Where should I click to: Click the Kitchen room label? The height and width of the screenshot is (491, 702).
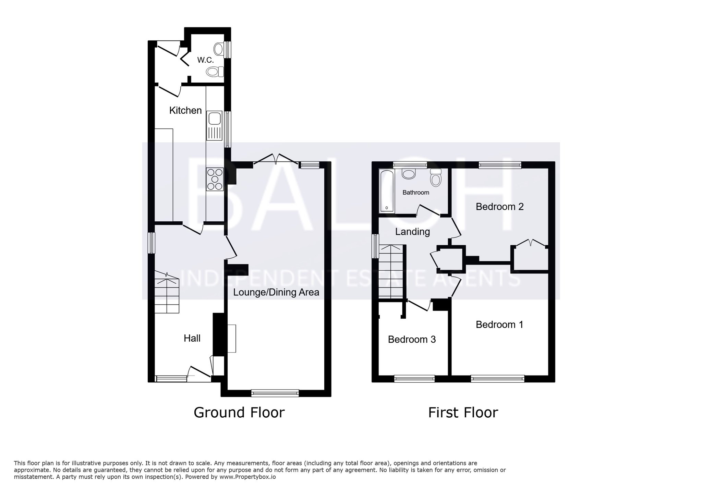185,110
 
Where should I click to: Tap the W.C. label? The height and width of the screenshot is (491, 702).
205,60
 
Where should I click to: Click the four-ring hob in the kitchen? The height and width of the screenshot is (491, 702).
215,179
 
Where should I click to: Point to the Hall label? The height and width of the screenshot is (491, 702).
192,338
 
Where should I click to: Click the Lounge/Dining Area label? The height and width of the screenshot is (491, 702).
276,292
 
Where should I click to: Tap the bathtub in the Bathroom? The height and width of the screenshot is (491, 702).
387,191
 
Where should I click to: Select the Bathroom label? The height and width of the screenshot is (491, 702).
416,193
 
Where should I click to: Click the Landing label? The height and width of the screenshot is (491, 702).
412,232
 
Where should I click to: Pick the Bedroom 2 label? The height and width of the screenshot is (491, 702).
500,207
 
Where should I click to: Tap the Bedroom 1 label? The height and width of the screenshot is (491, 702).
499,324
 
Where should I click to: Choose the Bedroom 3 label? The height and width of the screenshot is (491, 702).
412,339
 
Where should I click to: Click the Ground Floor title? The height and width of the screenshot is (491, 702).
239,413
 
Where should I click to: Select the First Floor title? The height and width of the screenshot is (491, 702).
463,413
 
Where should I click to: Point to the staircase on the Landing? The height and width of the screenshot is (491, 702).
391,271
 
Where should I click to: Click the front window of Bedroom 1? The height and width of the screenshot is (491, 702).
497,379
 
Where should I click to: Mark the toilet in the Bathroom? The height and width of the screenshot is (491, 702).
436,178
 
